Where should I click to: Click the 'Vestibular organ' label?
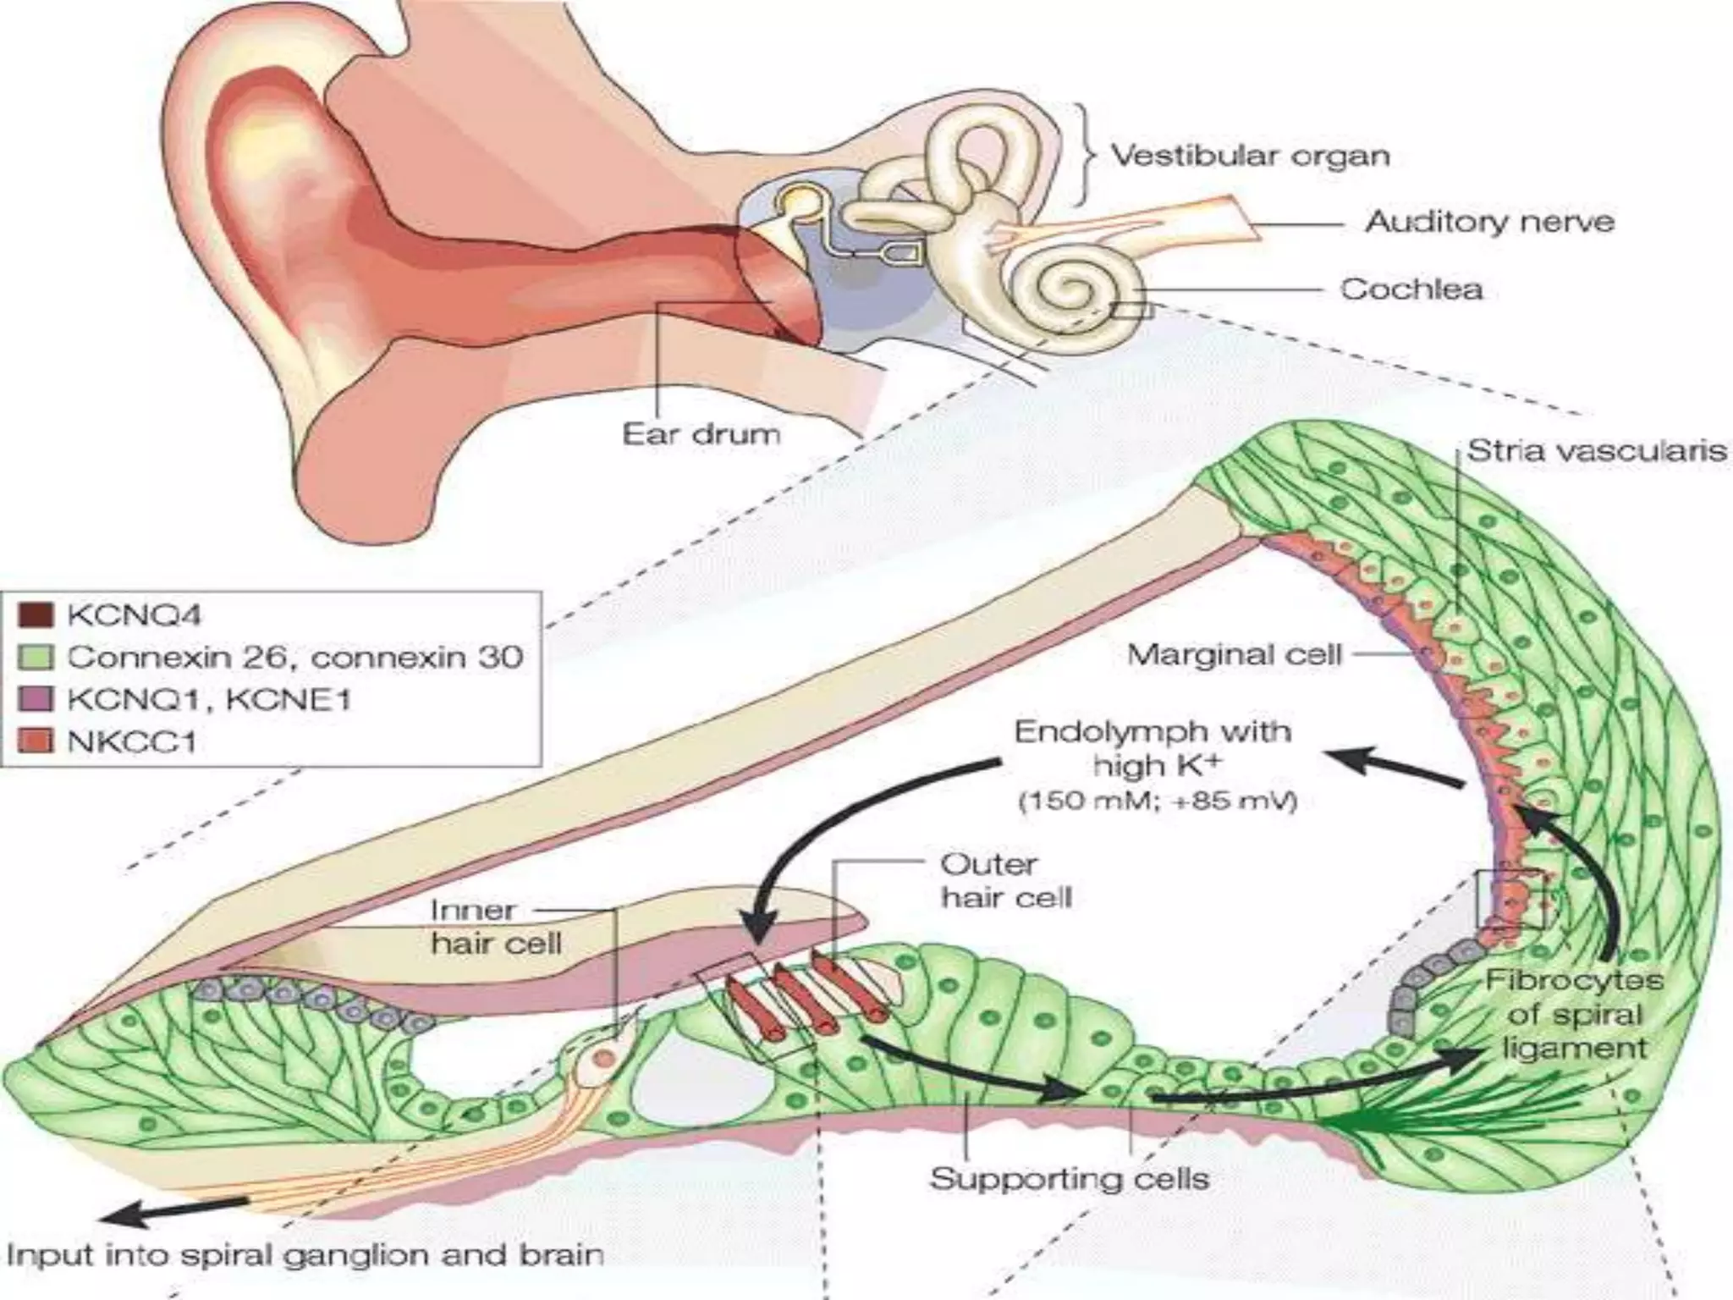(x=1249, y=156)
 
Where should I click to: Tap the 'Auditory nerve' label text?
(x=1489, y=223)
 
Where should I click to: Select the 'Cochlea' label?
(x=1411, y=289)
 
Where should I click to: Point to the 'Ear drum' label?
(x=701, y=434)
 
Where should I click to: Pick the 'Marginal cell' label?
(x=1235, y=654)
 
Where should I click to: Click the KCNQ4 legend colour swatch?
(x=36, y=615)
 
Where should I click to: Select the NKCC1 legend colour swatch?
(x=36, y=742)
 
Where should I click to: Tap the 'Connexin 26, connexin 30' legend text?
(x=294, y=657)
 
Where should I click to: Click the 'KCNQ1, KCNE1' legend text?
(x=208, y=700)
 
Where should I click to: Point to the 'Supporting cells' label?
(x=1070, y=1179)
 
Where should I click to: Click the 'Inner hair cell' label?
(x=496, y=927)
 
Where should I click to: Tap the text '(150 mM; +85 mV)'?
(x=1158, y=801)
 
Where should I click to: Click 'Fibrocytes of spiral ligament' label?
(x=1574, y=1015)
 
